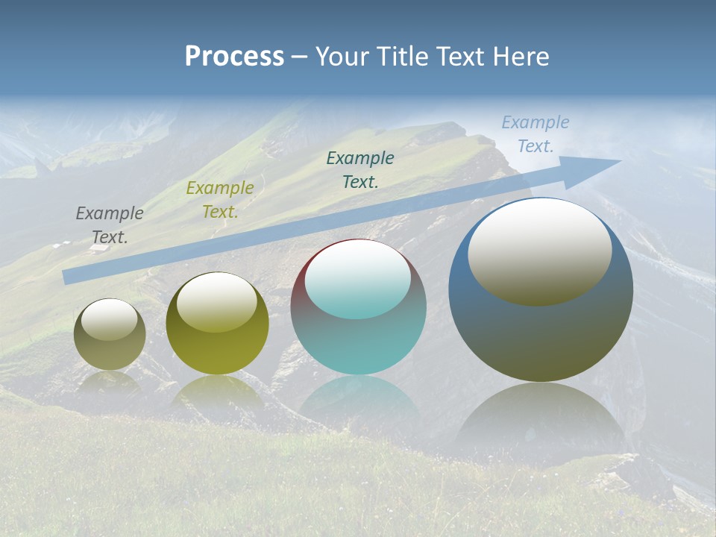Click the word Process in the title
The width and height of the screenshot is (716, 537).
click(x=234, y=57)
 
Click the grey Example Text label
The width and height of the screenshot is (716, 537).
click(x=110, y=225)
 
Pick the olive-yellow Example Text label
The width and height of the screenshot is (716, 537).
click(x=220, y=200)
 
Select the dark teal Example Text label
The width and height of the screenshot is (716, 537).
click(x=360, y=169)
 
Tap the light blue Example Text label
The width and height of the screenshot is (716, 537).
click(x=536, y=134)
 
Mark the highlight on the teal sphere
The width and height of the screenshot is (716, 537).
click(x=358, y=277)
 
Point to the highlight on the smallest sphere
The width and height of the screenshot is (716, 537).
click(x=110, y=318)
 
